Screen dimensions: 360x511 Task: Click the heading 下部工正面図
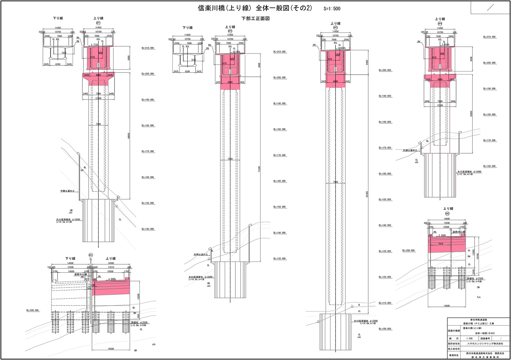(255, 19)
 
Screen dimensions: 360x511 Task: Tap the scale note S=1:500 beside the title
(332, 9)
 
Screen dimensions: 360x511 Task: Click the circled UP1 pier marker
(98, 23)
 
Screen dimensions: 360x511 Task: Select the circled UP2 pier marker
(230, 31)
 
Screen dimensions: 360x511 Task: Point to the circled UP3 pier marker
(335, 28)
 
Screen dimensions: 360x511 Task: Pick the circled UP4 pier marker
(440, 24)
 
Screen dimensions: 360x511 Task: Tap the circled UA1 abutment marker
(91, 255)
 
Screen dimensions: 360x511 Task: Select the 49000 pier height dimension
(129, 136)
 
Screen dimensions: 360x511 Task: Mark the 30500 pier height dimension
(471, 114)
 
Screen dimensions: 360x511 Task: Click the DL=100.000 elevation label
(385, 329)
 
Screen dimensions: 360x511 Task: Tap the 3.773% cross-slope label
(95, 45)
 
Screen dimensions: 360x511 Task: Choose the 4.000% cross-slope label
(112, 279)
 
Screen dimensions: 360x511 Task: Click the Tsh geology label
(479, 297)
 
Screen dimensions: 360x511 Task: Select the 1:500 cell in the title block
(469, 339)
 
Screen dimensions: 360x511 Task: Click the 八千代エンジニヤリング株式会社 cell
(485, 344)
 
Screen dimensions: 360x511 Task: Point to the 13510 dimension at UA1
(110, 268)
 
